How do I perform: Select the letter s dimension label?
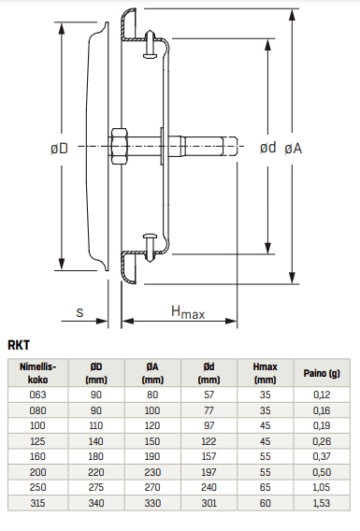pos(80,313)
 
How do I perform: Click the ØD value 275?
pos(95,489)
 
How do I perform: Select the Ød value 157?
pos(209,457)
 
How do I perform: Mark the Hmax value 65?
pos(266,489)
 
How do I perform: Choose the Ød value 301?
pos(209,504)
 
